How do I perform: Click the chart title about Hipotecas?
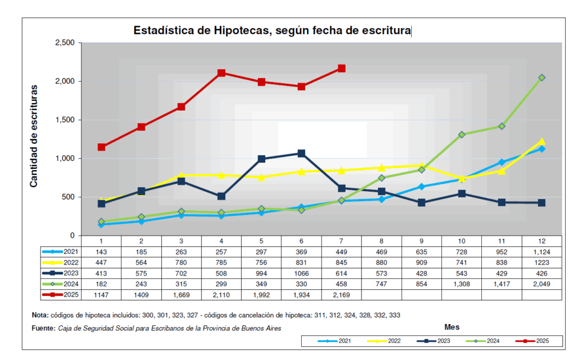pos(271,30)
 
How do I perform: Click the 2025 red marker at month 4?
pos(221,73)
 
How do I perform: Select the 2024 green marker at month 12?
pos(542,78)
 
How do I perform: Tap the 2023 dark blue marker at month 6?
pos(301,153)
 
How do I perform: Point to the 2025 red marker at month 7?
pos(341,68)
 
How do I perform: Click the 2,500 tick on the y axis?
pos(64,43)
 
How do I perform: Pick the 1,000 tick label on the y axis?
pos(64,159)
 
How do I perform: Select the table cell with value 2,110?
pos(221,295)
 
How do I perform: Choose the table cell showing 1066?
pos(301,273)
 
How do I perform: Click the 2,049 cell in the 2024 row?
pos(542,284)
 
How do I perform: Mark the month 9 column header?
pos(421,241)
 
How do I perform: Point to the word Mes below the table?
pos(452,327)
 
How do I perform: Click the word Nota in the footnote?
pos(40,315)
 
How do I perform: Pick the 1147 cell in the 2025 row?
pos(101,295)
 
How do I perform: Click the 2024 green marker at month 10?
pos(461,135)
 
